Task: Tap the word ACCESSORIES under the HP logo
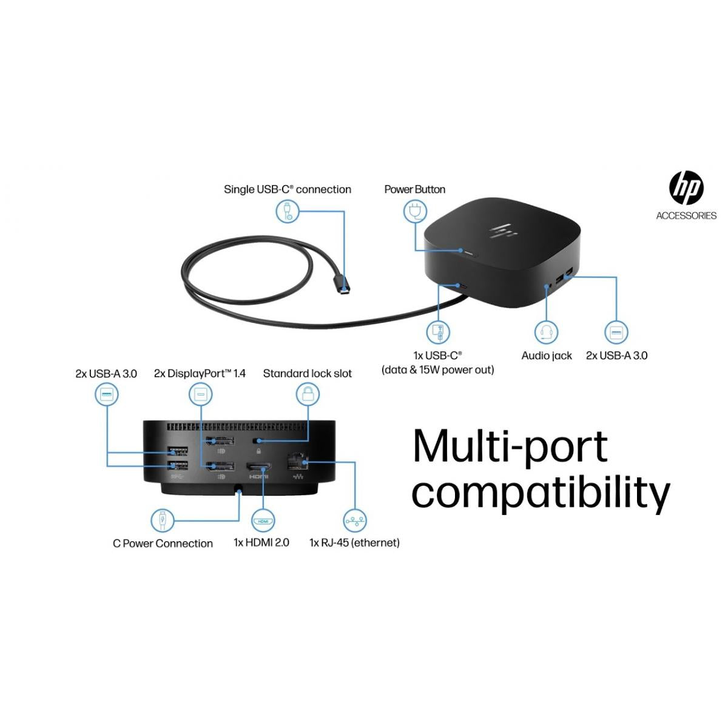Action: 686,215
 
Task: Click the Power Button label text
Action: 414,189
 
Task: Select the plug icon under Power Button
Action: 415,212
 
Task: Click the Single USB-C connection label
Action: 287,189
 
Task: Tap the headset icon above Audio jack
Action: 546,332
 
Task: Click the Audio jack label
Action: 546,356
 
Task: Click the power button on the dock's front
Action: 469,251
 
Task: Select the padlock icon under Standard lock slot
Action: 308,394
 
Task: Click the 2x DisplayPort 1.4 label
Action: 200,374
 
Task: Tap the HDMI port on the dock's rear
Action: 258,467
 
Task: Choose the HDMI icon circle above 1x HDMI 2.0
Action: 263,521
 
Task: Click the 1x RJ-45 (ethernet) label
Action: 354,542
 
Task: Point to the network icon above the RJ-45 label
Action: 355,520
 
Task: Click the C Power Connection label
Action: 163,543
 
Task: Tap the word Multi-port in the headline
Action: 510,447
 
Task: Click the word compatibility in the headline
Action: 540,493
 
